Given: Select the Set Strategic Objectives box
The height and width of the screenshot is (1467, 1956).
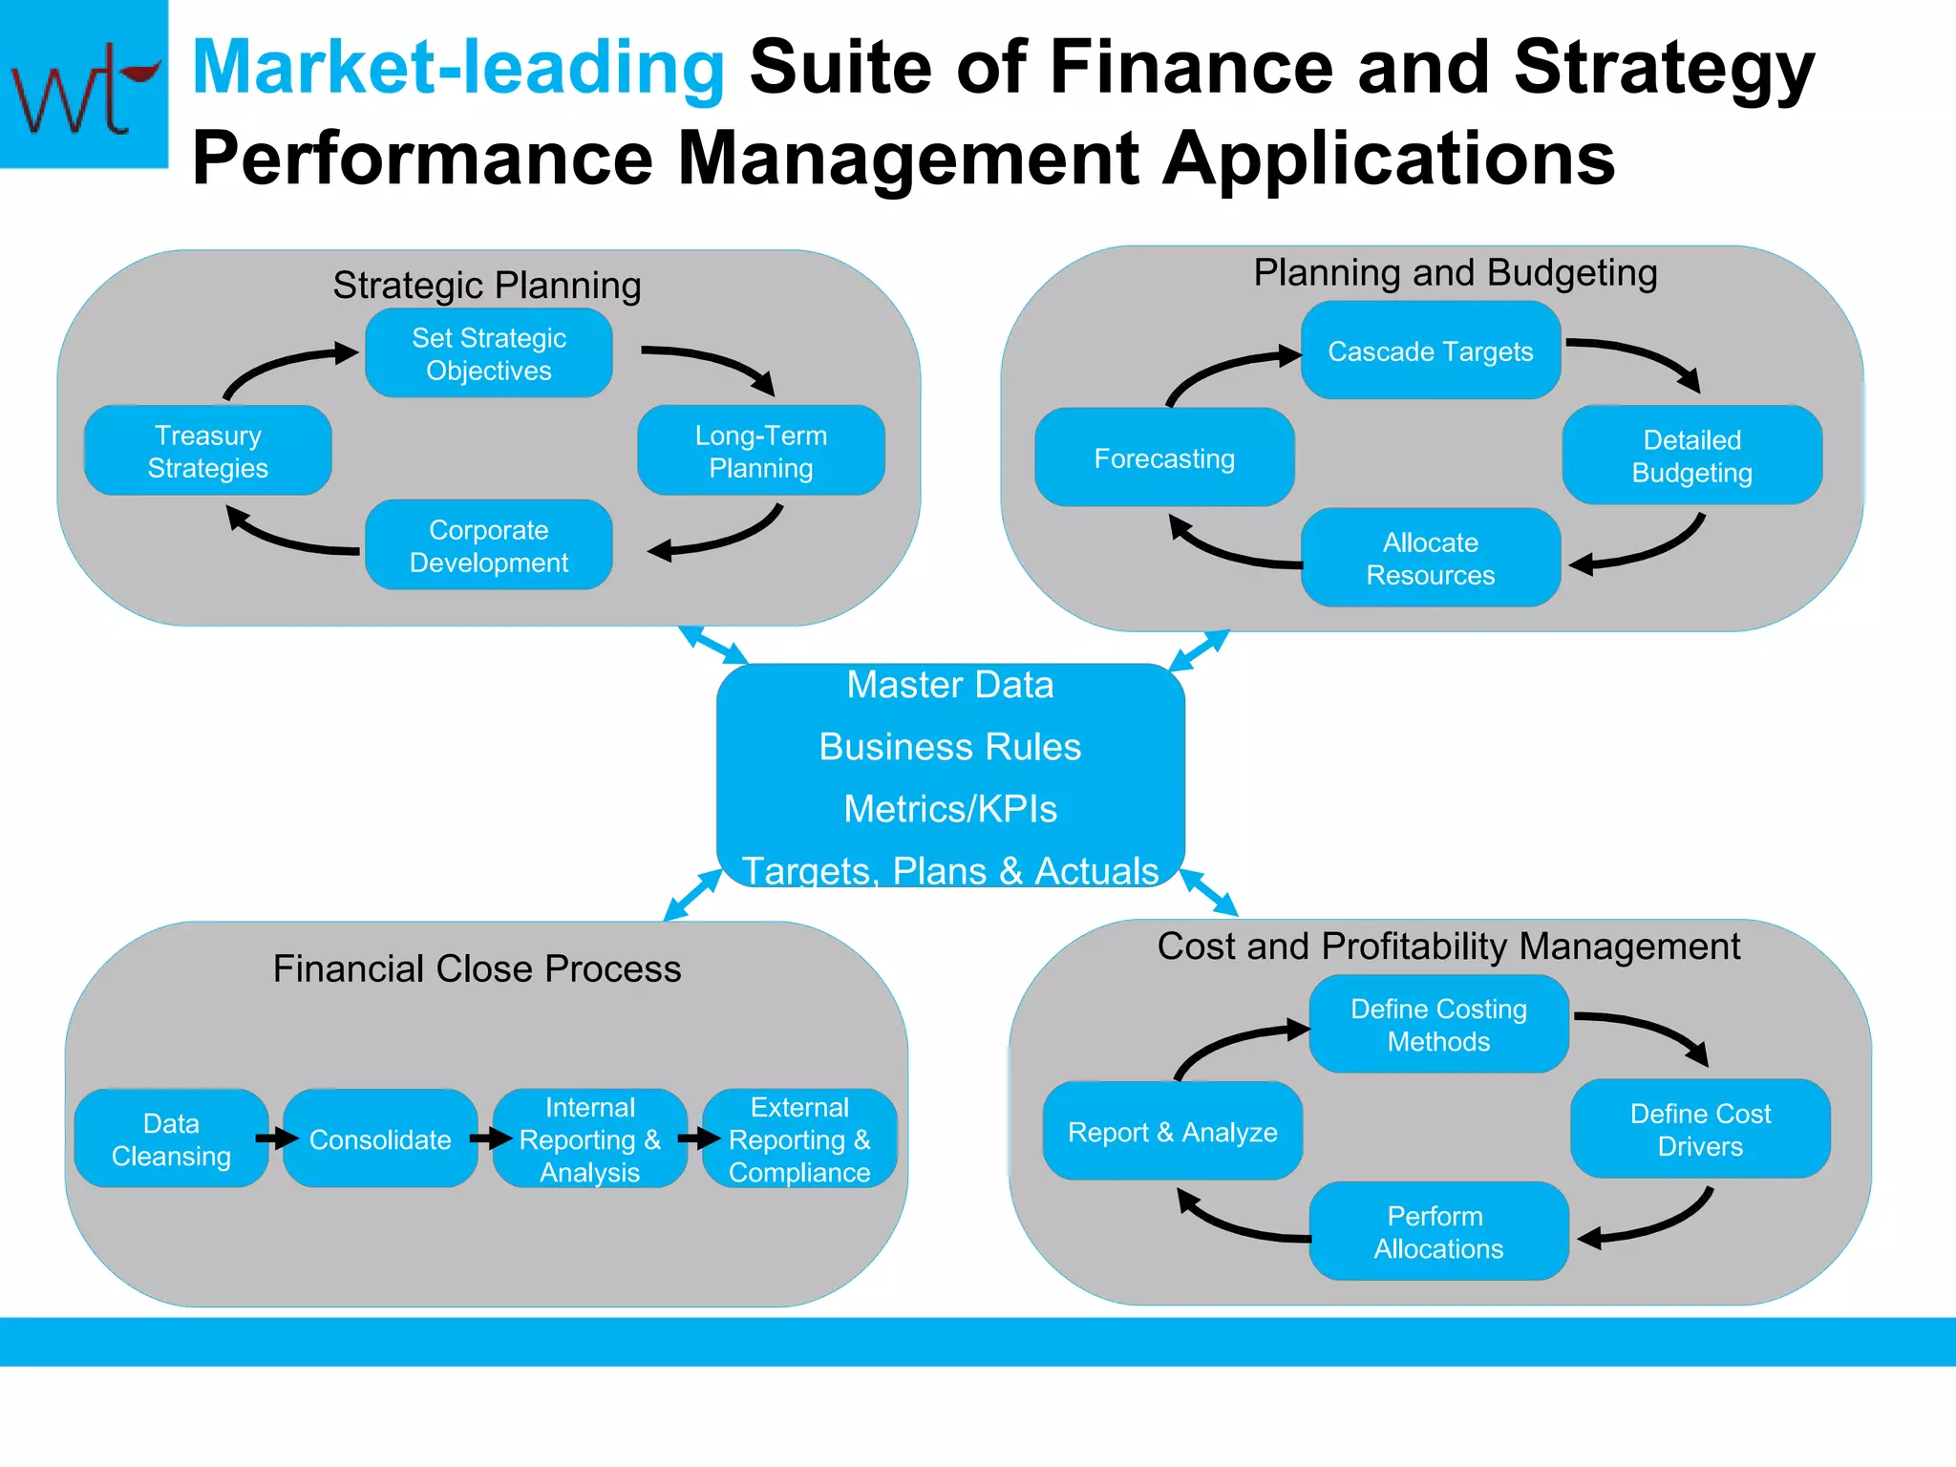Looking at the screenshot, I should pyautogui.click(x=488, y=353).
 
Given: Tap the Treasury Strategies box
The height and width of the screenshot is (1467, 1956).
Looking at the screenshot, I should pyautogui.click(x=207, y=451).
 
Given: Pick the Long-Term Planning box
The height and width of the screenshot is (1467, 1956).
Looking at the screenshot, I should pyautogui.click(x=760, y=451).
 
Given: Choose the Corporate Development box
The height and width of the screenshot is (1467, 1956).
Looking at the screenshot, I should pyautogui.click(x=488, y=545).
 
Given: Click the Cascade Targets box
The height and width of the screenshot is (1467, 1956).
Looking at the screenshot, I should pyautogui.click(x=1430, y=351).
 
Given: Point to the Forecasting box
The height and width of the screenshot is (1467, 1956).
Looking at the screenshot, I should pyautogui.click(x=1163, y=458).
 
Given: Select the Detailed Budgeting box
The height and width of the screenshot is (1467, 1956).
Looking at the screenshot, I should pyautogui.click(x=1691, y=456).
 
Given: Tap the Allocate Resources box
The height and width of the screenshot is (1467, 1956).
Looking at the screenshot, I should pyautogui.click(x=1430, y=558).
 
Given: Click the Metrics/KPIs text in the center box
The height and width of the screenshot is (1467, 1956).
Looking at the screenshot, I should pyautogui.click(x=950, y=809).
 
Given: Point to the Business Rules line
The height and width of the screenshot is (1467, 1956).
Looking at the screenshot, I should pyautogui.click(x=950, y=747).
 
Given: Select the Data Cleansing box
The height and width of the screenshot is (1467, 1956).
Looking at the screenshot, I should pyautogui.click(x=171, y=1138).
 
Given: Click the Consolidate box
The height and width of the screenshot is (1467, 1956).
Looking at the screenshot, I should pyautogui.click(x=380, y=1138).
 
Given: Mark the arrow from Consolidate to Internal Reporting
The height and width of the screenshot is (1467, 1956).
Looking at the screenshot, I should pyautogui.click(x=491, y=1137).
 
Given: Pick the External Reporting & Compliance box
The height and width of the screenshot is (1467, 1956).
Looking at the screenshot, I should pyautogui.click(x=799, y=1138).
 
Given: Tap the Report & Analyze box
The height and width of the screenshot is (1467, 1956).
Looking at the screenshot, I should pyautogui.click(x=1172, y=1132).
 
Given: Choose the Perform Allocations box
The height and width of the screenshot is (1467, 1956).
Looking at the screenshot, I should pyautogui.click(x=1437, y=1232).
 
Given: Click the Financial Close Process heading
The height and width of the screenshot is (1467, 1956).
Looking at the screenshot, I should pyautogui.click(x=477, y=968).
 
